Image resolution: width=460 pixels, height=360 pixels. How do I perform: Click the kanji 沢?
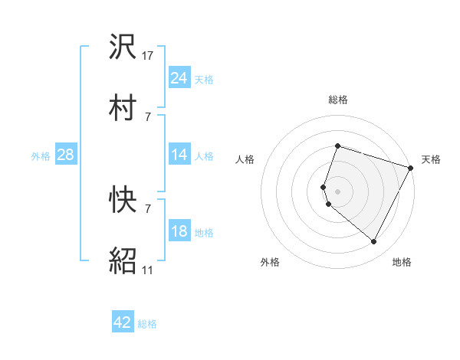123,48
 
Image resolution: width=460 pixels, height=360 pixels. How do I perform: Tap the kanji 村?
123,106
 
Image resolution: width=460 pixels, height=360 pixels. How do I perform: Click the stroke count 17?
148,56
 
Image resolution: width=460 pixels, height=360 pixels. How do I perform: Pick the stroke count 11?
148,269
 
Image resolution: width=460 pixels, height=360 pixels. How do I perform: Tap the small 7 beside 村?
147,116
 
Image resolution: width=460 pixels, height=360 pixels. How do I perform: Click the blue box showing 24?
179,78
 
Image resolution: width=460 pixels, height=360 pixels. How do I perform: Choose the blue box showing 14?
179,155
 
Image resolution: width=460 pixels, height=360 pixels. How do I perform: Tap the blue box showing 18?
179,231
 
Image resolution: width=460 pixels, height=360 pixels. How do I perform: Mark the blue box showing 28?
65,155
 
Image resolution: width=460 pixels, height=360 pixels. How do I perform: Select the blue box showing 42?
122,322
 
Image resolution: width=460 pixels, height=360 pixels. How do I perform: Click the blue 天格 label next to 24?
203,80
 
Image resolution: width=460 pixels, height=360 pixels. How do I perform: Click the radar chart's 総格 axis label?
338,100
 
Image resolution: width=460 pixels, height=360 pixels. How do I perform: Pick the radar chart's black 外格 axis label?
270,262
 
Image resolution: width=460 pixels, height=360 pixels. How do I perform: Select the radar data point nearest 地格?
374,242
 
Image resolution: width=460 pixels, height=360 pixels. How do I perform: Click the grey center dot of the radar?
337,190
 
